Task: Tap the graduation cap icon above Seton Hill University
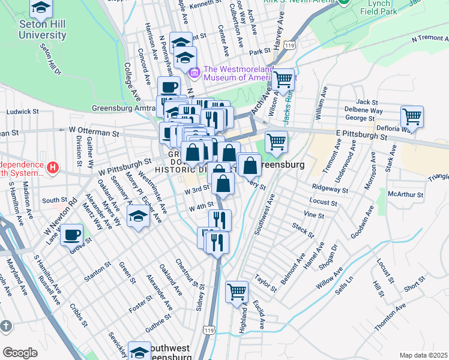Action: (x=41, y=8)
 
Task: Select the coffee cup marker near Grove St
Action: (x=73, y=234)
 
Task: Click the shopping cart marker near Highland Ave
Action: (x=237, y=292)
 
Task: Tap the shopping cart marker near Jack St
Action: (x=412, y=116)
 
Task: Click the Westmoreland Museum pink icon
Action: (x=194, y=73)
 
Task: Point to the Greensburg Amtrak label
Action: (x=123, y=108)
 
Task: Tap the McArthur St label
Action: (x=405, y=194)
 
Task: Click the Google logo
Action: (x=20, y=353)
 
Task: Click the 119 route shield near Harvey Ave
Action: (x=290, y=45)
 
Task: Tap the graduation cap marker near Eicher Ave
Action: (x=139, y=216)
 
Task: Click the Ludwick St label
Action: (x=23, y=112)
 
